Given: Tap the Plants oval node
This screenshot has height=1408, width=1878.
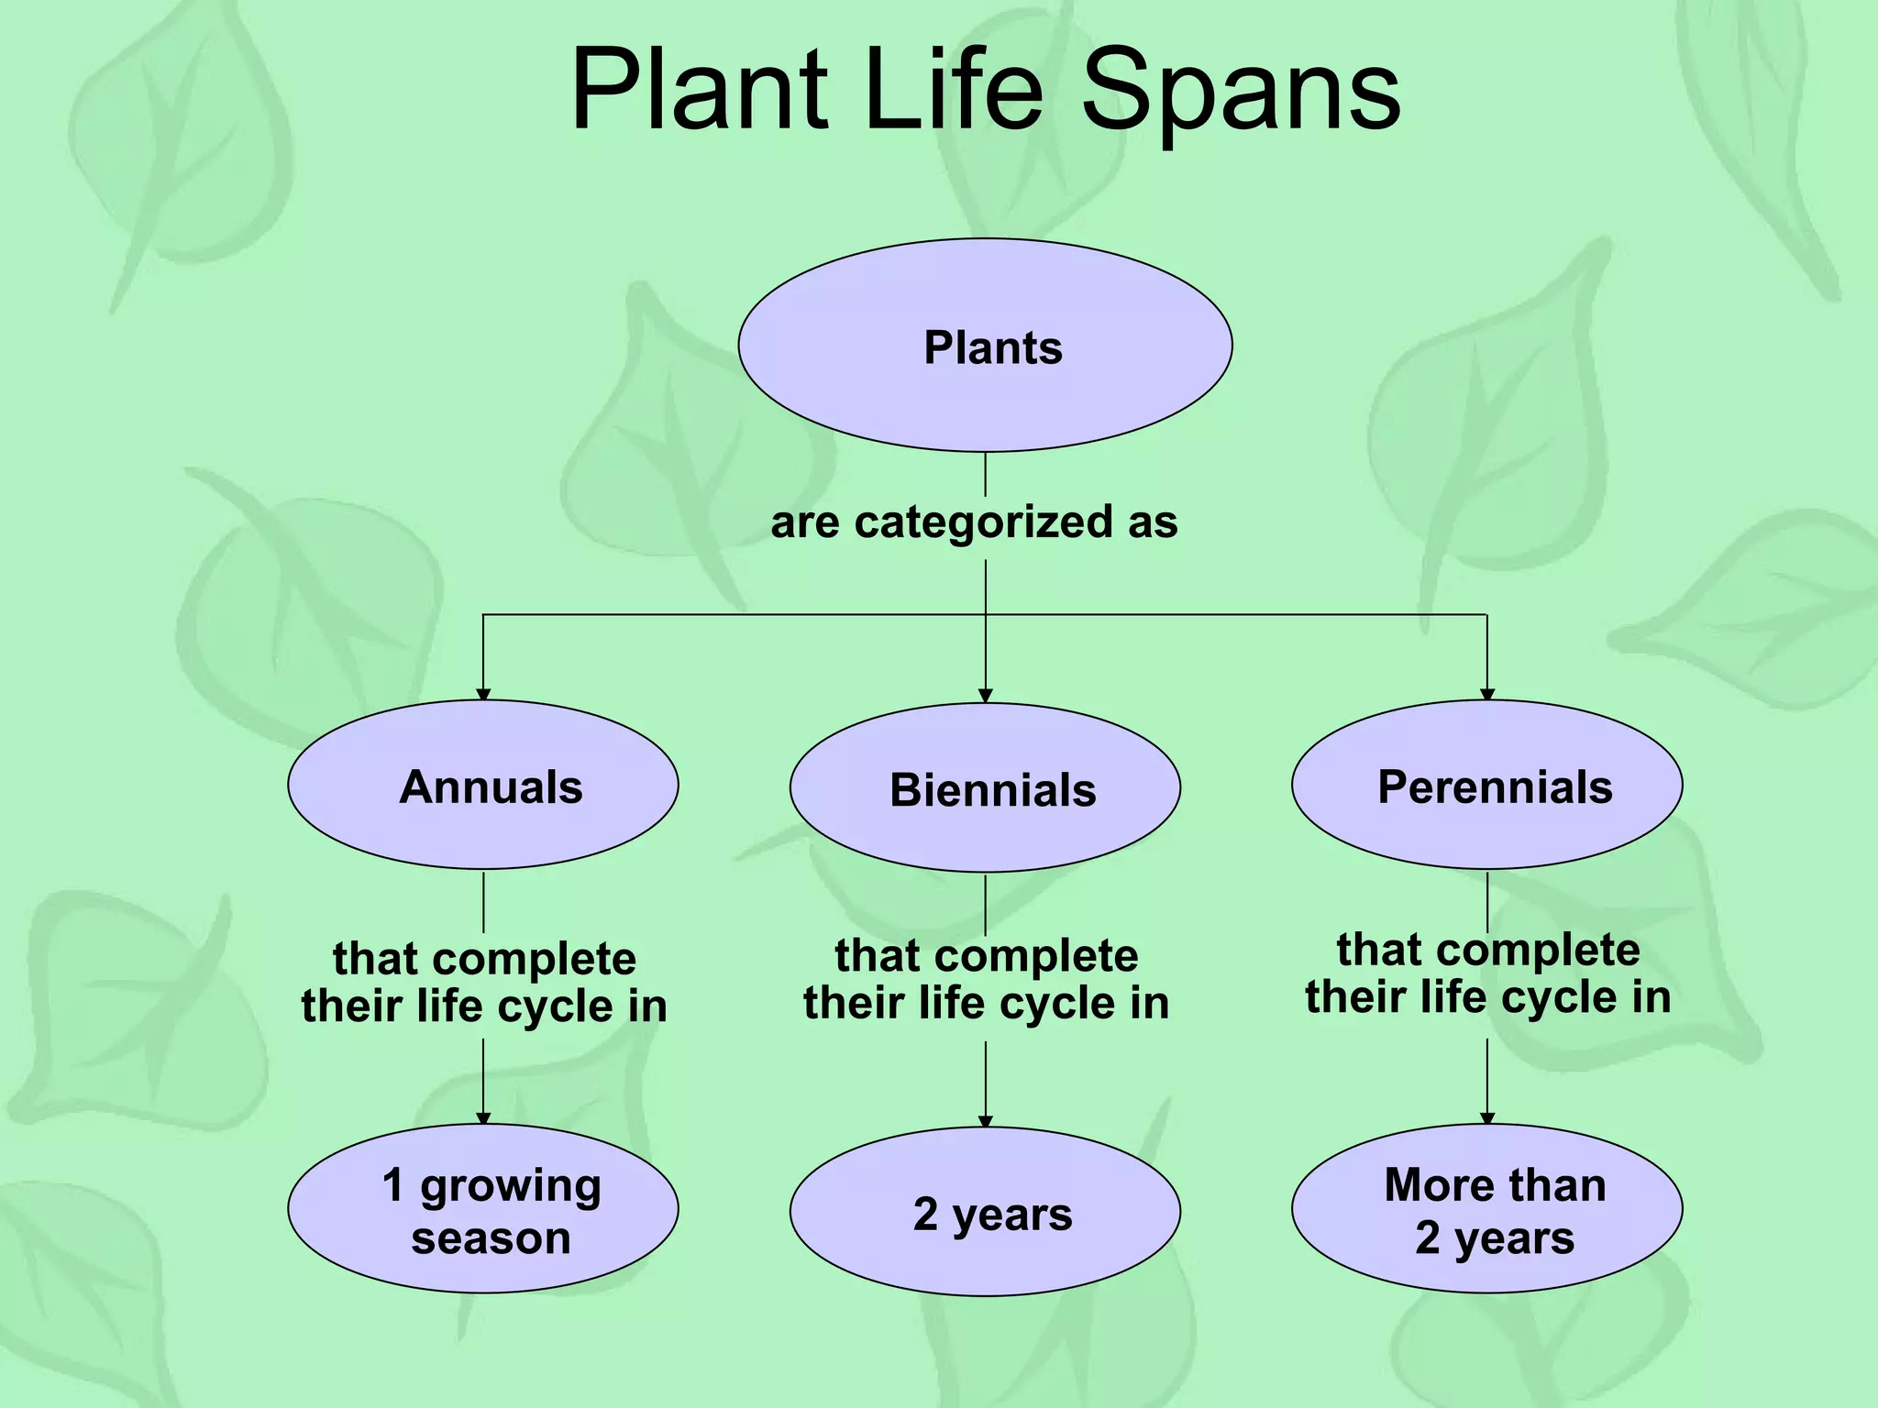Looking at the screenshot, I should [985, 346].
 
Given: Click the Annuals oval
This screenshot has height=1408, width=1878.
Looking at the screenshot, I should [483, 785].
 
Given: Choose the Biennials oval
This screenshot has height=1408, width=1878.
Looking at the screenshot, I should [985, 788].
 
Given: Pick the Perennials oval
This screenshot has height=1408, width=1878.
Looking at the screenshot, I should [1486, 785].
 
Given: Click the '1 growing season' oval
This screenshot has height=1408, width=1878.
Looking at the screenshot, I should [483, 1208].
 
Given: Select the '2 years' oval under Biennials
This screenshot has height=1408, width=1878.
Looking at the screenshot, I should [985, 1212].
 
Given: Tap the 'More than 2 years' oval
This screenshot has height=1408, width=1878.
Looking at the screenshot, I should [1486, 1208].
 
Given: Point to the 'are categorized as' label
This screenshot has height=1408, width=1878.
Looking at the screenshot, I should [974, 522].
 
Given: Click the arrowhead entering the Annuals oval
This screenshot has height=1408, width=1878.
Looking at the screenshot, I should [483, 694].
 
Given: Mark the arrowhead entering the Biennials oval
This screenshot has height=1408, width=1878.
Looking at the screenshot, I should [986, 696].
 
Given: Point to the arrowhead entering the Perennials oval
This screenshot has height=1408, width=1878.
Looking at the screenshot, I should [1487, 694].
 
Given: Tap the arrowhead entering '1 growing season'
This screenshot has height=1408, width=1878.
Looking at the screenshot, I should [483, 1117].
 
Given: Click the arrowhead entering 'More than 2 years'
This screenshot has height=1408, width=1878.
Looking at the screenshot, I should [1487, 1117].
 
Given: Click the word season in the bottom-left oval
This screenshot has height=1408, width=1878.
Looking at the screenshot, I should [491, 1237].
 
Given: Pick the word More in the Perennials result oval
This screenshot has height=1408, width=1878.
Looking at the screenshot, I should [1439, 1184].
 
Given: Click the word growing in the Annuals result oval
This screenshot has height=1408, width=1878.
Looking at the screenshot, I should [511, 1186].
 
